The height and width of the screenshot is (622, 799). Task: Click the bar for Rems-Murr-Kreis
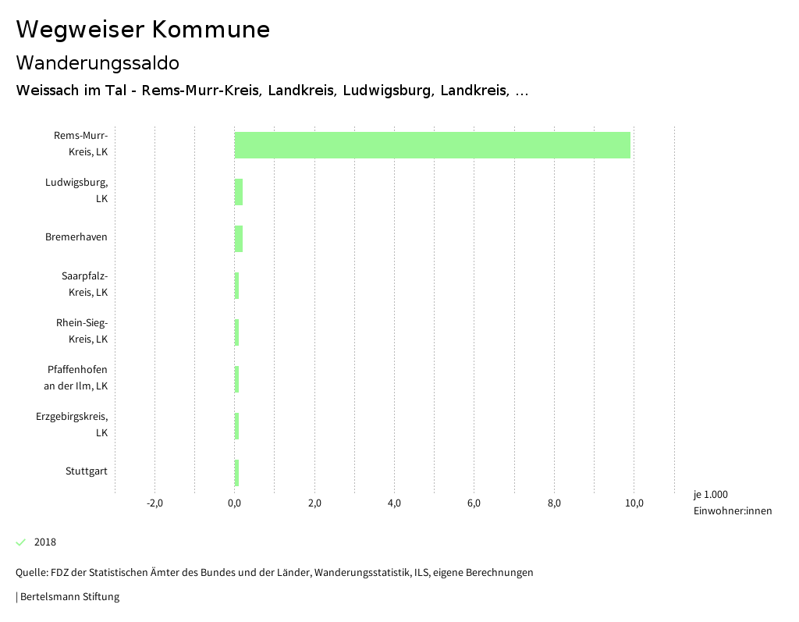click(x=432, y=145)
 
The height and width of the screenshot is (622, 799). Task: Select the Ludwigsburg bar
click(x=239, y=192)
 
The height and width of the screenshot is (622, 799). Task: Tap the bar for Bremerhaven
click(x=239, y=239)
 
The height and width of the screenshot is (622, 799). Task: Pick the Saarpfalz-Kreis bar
click(x=237, y=286)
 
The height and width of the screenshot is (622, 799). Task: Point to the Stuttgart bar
click(x=237, y=473)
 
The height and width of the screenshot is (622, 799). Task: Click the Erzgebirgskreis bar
click(x=237, y=426)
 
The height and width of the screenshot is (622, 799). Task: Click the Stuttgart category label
click(x=87, y=471)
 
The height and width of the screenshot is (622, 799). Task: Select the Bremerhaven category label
click(x=76, y=237)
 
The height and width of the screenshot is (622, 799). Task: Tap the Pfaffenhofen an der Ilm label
click(x=77, y=378)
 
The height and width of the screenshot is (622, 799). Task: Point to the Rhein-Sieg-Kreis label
click(x=82, y=331)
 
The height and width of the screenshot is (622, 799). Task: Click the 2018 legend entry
click(x=45, y=542)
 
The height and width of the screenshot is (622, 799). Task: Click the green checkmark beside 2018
click(x=21, y=542)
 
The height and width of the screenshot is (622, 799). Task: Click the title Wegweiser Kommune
click(x=143, y=30)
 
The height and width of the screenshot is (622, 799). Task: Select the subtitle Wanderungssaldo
click(x=98, y=62)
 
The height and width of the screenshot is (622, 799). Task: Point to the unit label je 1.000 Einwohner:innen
click(x=732, y=503)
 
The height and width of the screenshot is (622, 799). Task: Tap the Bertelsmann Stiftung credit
click(x=69, y=597)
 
